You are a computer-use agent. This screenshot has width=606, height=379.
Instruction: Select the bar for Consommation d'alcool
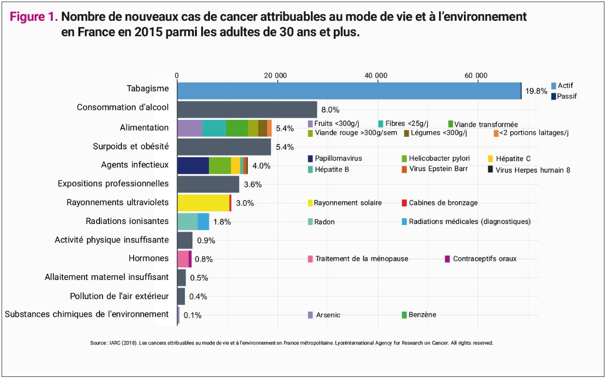(247, 109)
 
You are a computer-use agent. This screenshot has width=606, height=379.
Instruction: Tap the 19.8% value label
(536, 91)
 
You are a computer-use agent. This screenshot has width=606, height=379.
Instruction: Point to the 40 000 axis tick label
(377, 75)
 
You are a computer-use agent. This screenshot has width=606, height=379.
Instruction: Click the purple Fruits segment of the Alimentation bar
(190, 128)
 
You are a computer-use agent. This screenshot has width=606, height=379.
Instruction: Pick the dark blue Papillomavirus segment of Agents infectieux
(193, 165)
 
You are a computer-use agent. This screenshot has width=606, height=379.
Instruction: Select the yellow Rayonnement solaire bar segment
(203, 203)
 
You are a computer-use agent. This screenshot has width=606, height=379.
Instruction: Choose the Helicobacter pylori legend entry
(435, 159)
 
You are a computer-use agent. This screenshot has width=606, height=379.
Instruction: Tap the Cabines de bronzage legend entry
(439, 203)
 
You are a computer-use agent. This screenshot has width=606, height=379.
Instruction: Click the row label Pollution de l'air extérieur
(119, 296)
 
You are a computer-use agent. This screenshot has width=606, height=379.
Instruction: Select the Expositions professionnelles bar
(208, 184)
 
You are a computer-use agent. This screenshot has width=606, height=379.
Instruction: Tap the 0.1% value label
(192, 315)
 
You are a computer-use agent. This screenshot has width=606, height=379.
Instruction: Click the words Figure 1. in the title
(34, 17)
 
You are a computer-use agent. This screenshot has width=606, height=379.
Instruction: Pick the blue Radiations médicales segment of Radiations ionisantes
(203, 221)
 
